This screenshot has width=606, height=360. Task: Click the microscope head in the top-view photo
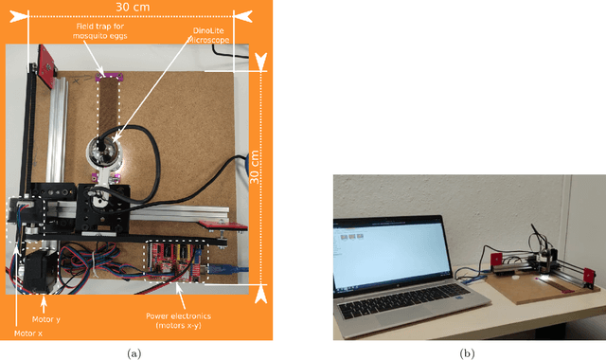click(105, 152)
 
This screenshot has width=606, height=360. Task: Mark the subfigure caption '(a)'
click(134, 352)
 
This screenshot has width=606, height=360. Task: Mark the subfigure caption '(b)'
click(467, 352)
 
